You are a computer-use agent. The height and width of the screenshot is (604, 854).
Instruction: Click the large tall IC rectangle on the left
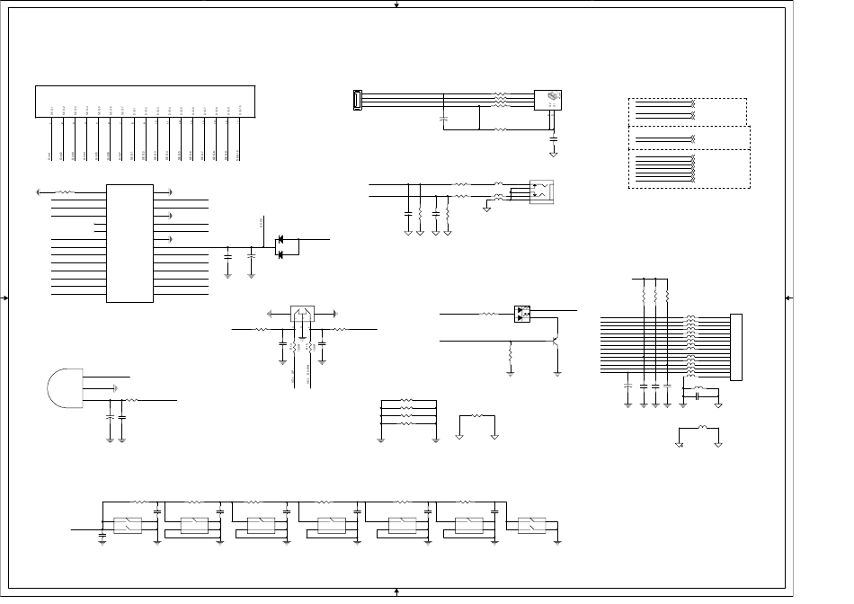click(x=129, y=243)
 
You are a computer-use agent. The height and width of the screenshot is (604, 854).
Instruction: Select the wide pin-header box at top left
click(x=145, y=101)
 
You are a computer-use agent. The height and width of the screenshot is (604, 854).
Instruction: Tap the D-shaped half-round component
click(x=63, y=387)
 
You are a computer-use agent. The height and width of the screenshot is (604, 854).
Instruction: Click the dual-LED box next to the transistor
click(x=523, y=314)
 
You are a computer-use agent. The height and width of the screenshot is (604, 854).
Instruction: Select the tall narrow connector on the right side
click(x=737, y=347)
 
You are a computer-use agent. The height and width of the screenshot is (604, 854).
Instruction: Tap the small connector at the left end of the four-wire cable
click(x=357, y=101)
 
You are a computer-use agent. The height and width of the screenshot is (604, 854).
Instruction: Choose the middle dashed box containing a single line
click(x=689, y=138)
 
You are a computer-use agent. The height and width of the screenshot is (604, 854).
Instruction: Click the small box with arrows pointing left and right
click(x=302, y=314)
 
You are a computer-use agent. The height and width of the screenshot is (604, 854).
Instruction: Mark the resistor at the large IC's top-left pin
click(x=67, y=191)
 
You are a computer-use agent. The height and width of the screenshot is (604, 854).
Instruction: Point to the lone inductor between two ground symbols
click(x=701, y=429)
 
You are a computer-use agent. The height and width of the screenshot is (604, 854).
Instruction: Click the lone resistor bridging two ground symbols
click(x=477, y=416)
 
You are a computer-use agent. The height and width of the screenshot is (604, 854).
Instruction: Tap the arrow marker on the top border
click(x=396, y=4)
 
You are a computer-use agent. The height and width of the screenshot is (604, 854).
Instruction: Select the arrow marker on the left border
click(x=6, y=298)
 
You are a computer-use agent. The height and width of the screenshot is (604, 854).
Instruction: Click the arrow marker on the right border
click(x=787, y=298)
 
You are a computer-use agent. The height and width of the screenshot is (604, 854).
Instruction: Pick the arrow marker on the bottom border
click(x=396, y=591)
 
